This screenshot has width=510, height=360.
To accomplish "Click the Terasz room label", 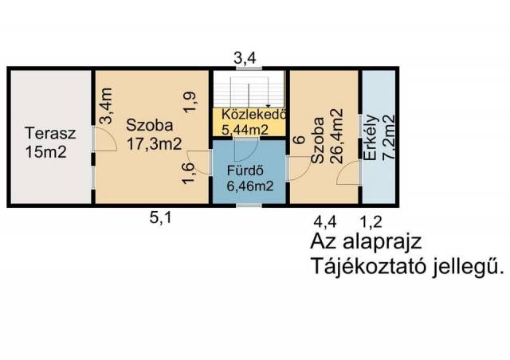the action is [50, 134].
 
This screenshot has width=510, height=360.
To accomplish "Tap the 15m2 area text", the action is [46, 152].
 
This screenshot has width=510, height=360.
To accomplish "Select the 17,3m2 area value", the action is [154, 144].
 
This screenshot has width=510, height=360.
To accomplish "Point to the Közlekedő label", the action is [254, 115].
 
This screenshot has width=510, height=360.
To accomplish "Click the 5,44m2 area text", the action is [245, 130].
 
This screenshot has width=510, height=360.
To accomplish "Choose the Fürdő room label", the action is [245, 171].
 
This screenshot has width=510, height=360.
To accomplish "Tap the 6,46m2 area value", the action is [249, 186].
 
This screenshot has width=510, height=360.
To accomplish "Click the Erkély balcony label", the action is [371, 138].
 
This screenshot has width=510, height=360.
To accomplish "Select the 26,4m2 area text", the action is [336, 136].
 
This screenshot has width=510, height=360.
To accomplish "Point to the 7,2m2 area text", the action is [388, 136].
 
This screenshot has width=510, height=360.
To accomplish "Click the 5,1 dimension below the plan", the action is [160, 218].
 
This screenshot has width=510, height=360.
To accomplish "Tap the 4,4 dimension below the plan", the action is [325, 222].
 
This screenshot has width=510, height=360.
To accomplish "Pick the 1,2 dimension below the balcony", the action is [371, 222].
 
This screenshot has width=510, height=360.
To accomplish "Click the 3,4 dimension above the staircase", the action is [245, 58].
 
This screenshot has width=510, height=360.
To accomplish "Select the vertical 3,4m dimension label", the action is [106, 106].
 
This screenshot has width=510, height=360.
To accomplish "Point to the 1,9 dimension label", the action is [190, 102].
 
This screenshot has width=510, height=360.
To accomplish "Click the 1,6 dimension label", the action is [189, 174].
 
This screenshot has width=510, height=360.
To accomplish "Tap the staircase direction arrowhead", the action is [268, 106].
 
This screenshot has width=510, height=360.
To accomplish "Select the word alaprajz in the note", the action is [382, 242].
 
